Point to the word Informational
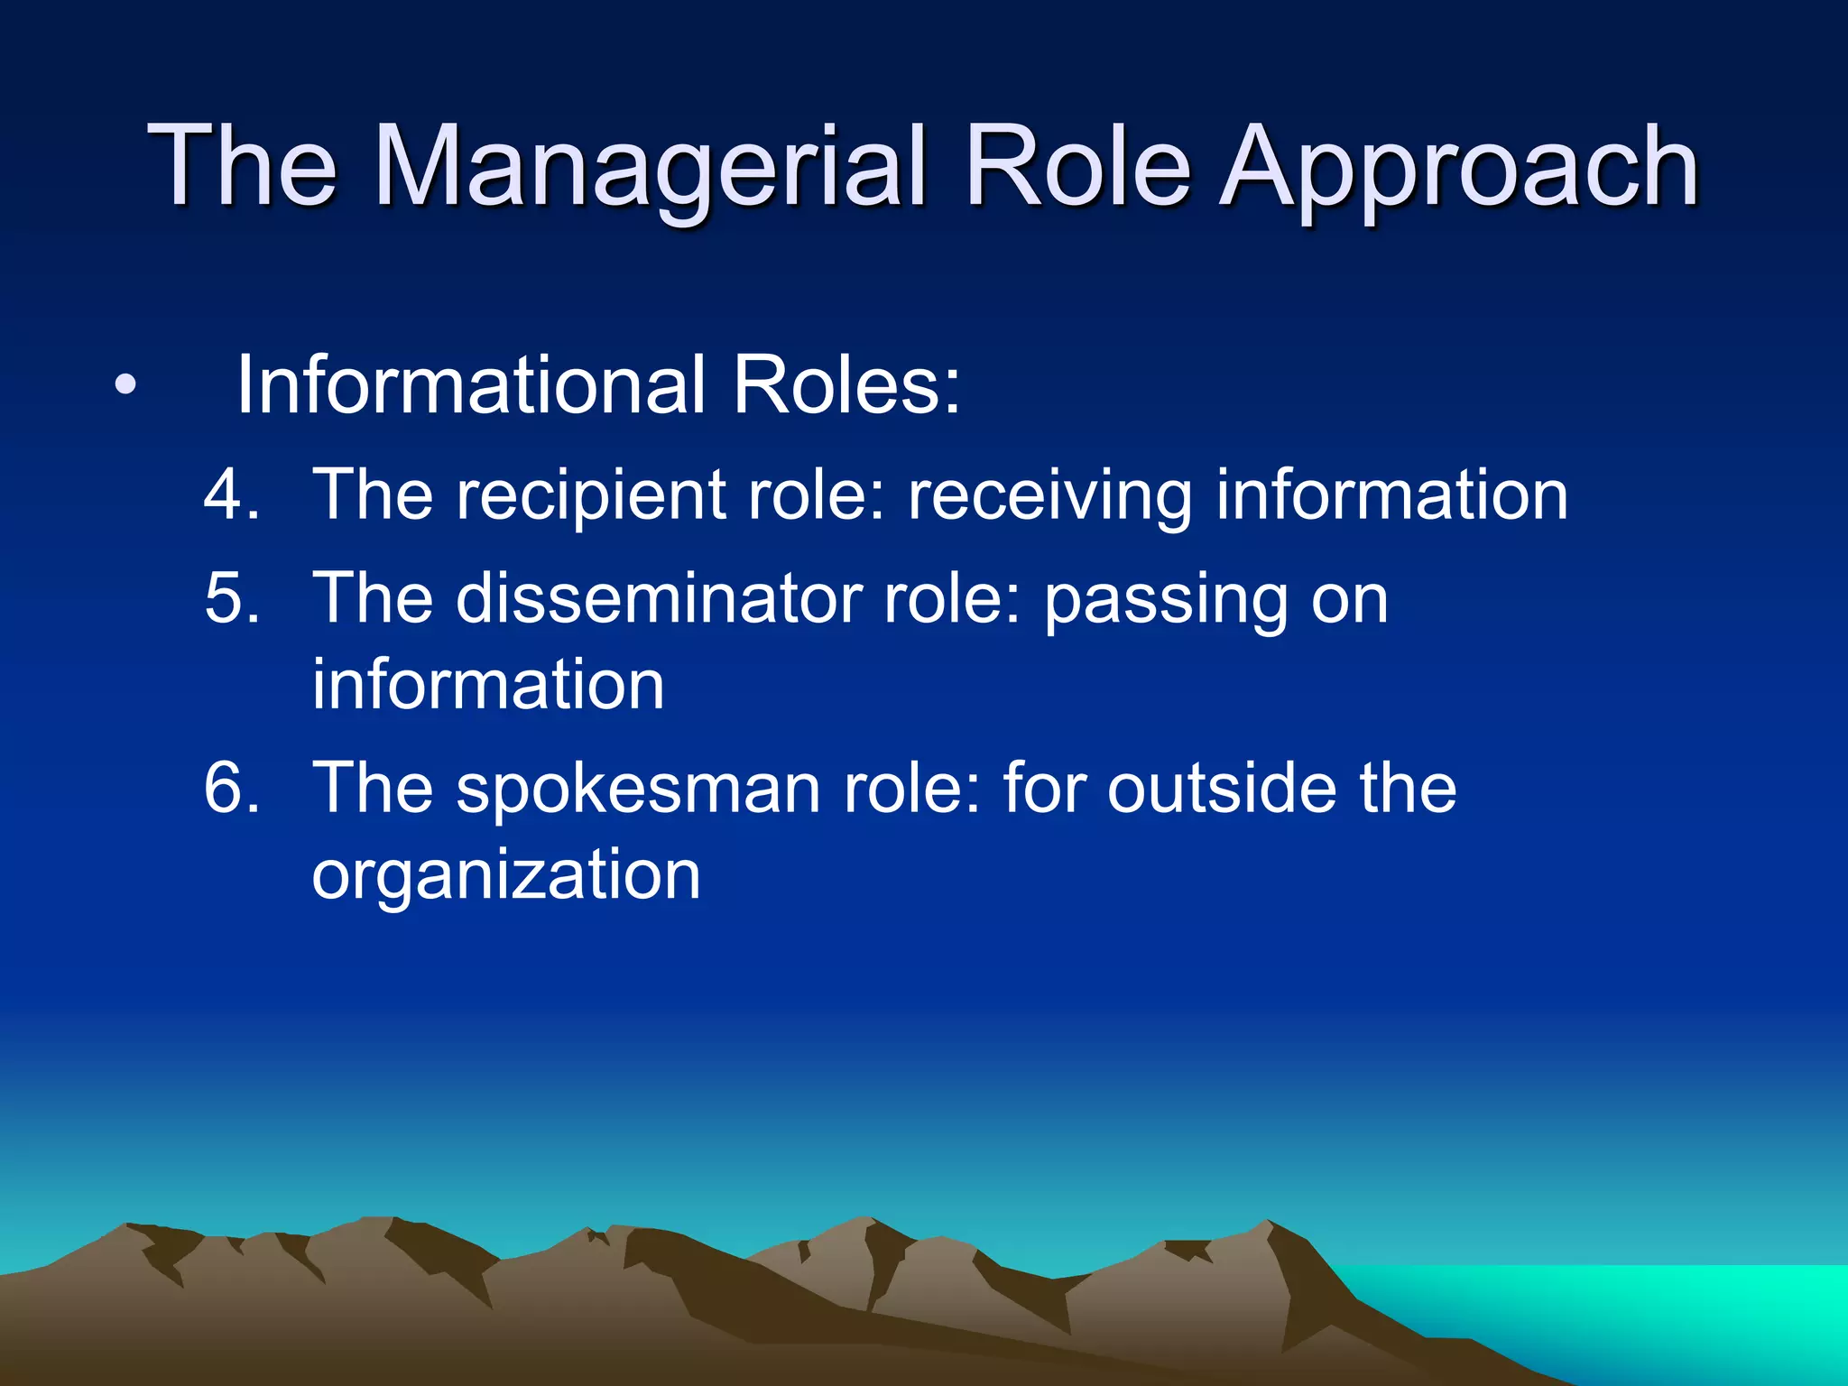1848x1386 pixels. (x=470, y=386)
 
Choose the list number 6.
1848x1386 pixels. (x=231, y=789)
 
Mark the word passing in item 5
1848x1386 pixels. (x=1165, y=600)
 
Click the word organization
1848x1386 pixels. (x=505, y=875)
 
